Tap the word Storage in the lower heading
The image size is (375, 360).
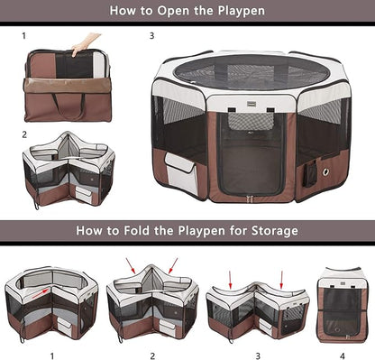[x=268, y=231]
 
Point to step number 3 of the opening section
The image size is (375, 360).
[x=152, y=37]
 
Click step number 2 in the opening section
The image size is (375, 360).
[x=24, y=134]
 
